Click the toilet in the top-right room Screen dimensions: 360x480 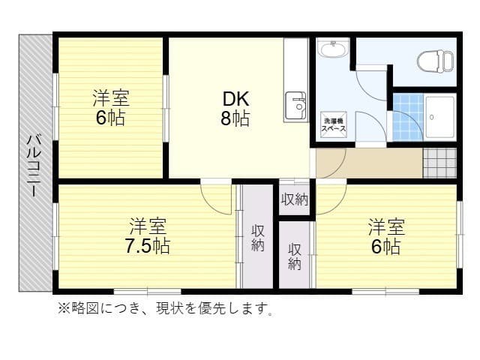click(434, 59)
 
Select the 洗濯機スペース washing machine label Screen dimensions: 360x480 click(334, 125)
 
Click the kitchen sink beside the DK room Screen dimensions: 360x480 click(296, 106)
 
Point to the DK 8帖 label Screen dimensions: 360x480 click(235, 109)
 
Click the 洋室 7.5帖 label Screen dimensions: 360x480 click(147, 236)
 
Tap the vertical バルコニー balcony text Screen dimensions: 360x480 click(34, 164)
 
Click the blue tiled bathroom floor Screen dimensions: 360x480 click(407, 117)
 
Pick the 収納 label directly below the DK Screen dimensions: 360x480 click(294, 199)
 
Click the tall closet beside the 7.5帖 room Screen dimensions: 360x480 click(257, 237)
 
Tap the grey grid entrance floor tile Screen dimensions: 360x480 click(439, 162)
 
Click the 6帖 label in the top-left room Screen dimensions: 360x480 click(110, 118)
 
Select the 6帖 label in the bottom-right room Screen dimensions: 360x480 click(385, 247)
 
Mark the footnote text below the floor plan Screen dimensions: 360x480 click(166, 308)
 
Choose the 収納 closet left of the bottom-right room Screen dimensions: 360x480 click(295, 255)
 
